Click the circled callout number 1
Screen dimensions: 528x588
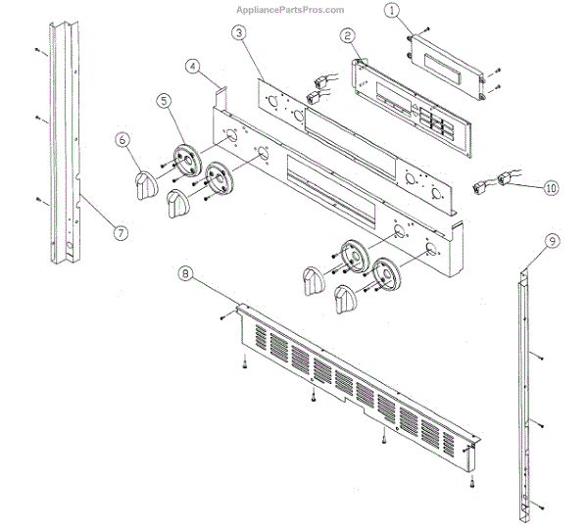392,12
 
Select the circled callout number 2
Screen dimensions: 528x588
348,36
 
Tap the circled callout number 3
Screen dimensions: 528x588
239,32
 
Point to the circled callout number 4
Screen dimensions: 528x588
193,67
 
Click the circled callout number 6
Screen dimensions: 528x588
123,140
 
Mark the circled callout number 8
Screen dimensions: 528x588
184,274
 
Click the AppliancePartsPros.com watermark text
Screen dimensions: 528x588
290,10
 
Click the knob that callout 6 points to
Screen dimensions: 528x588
144,183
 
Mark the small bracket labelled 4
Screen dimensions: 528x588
220,95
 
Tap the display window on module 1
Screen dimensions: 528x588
445,62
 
